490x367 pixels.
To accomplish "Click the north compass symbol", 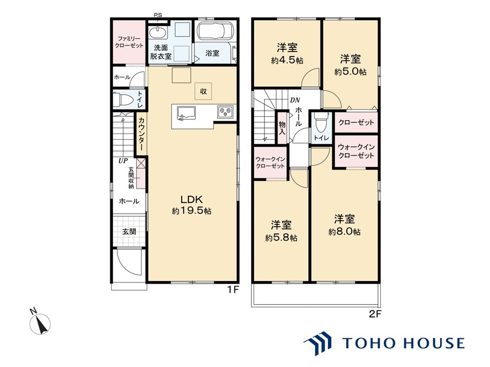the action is click(41, 323).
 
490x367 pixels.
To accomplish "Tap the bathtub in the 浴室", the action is click(215, 32).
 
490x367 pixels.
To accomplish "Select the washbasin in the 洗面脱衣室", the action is click(158, 33).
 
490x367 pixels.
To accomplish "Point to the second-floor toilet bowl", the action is click(321, 123).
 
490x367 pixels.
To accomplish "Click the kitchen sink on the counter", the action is click(186, 113).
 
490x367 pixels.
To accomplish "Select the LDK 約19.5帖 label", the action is click(191, 205).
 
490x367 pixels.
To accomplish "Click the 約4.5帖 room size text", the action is click(287, 60).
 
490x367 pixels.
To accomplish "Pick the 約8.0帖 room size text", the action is click(345, 232).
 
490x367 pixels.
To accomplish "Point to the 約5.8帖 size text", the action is click(281, 238).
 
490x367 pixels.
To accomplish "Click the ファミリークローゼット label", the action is click(129, 42).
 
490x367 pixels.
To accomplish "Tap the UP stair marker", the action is click(123, 161).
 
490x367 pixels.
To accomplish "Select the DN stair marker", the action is click(295, 100).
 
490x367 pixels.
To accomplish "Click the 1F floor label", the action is click(233, 290).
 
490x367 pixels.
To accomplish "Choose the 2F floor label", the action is click(375, 314).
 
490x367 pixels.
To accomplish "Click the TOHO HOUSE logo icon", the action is click(317, 343).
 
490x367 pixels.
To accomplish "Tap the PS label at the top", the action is click(158, 15).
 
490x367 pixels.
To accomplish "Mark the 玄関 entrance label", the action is click(129, 231).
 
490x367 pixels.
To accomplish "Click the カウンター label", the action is click(141, 134).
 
